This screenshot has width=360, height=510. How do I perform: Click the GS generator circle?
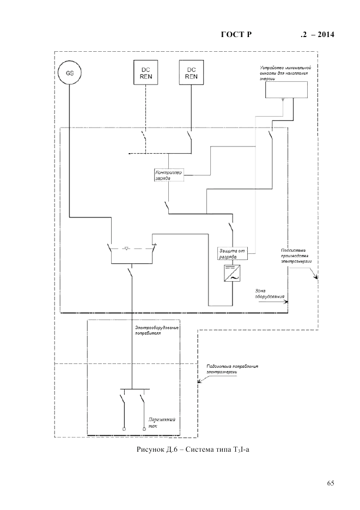click(x=69, y=73)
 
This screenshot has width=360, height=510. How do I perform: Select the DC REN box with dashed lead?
click(x=146, y=72)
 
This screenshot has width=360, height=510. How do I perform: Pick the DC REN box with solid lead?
click(x=191, y=72)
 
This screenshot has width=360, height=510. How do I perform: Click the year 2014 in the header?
click(x=325, y=35)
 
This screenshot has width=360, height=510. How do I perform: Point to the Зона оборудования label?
click(x=267, y=294)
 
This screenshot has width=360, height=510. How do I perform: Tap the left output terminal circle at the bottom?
click(x=124, y=430)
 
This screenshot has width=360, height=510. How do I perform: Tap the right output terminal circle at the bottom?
click(x=143, y=430)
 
